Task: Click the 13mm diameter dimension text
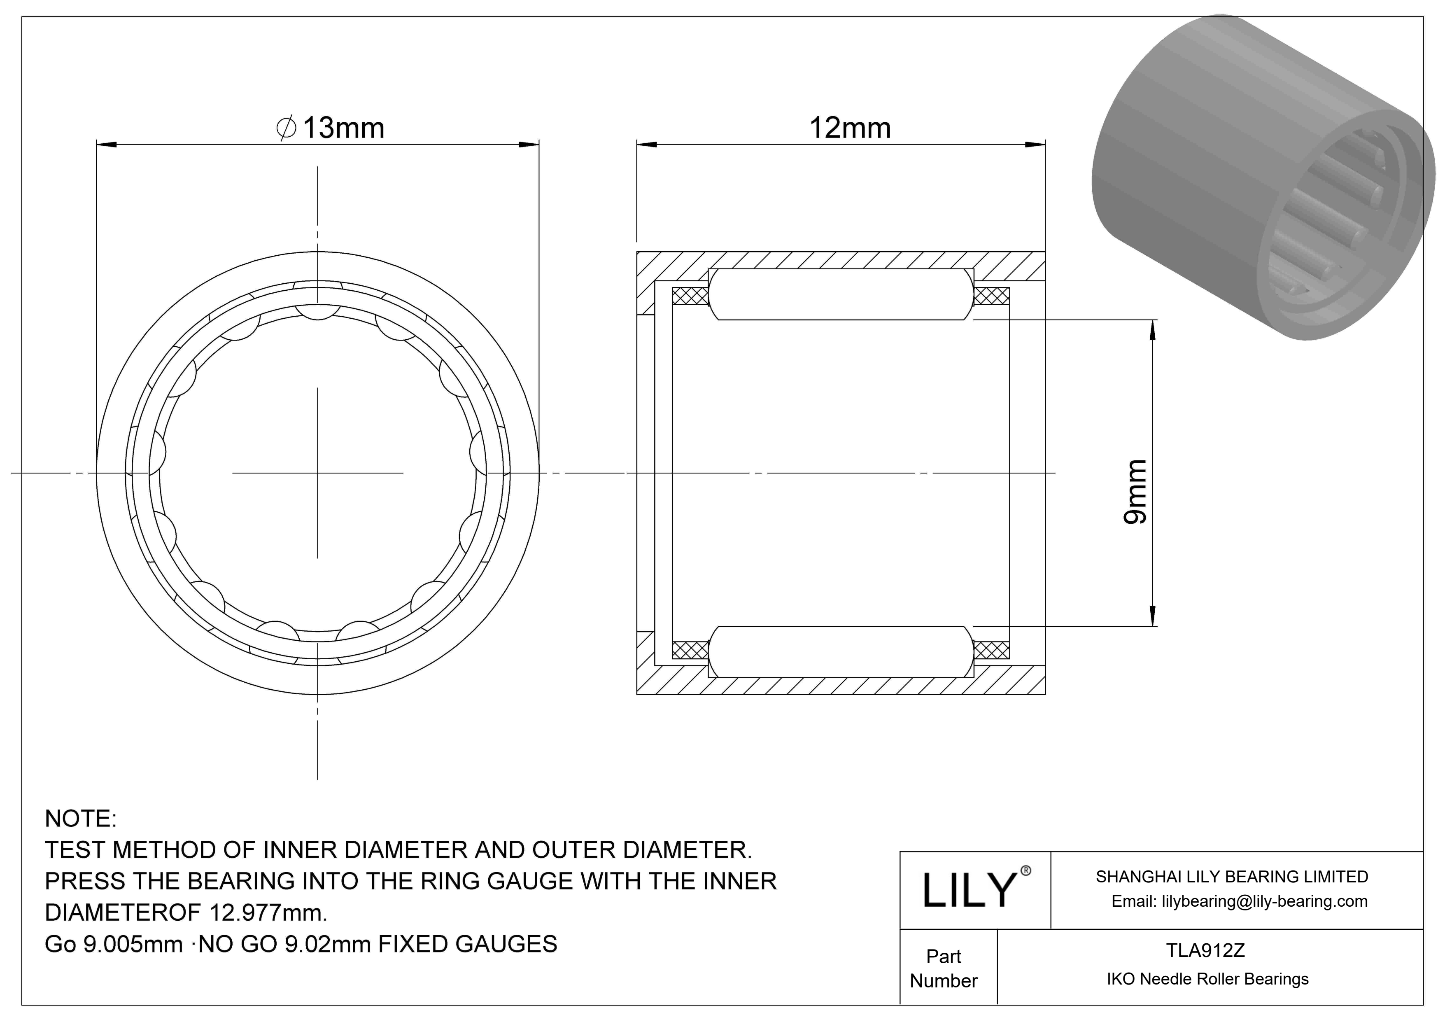pos(343,128)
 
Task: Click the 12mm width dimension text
pos(850,128)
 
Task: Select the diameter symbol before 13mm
pos(287,128)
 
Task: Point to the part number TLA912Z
pos(1205,950)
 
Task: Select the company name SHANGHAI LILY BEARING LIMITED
pos(1232,877)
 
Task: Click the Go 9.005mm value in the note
pos(113,944)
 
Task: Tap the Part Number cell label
pos(944,968)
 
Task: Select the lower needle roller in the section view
pos(841,651)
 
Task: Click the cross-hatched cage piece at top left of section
pos(690,296)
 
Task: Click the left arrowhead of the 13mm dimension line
pos(106,145)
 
